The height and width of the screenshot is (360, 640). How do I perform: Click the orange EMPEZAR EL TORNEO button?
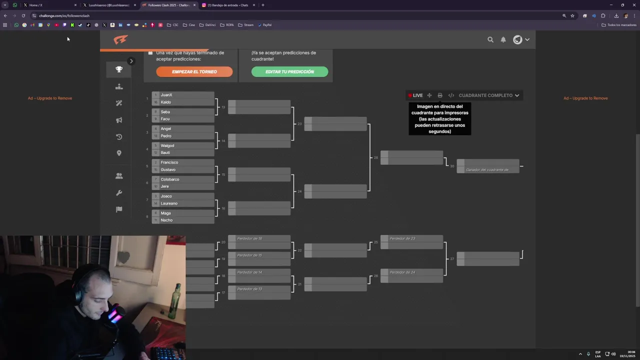(x=194, y=71)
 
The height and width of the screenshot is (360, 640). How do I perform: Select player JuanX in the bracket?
(x=166, y=95)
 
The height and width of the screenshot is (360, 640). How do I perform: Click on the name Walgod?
(x=167, y=145)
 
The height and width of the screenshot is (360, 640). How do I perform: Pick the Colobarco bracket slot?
(x=170, y=179)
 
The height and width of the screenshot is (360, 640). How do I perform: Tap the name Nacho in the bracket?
(x=166, y=220)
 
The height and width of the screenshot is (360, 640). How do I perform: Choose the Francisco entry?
(x=169, y=162)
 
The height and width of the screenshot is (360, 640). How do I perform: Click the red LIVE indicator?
(x=415, y=95)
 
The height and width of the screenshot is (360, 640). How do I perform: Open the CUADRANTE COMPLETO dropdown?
(x=488, y=95)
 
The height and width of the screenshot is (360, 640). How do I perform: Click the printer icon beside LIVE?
(x=440, y=95)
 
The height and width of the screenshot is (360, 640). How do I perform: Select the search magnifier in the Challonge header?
(x=490, y=39)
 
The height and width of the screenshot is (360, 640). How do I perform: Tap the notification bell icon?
(x=503, y=39)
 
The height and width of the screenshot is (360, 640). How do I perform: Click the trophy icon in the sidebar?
(x=119, y=69)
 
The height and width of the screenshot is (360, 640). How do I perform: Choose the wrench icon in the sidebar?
(x=119, y=193)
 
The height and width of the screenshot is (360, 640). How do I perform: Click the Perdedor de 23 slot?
(x=411, y=238)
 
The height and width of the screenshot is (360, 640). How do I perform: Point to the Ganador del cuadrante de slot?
(x=488, y=169)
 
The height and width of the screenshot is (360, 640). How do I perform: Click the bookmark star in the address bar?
(x=572, y=15)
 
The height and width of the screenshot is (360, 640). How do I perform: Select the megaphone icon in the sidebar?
(x=119, y=120)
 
